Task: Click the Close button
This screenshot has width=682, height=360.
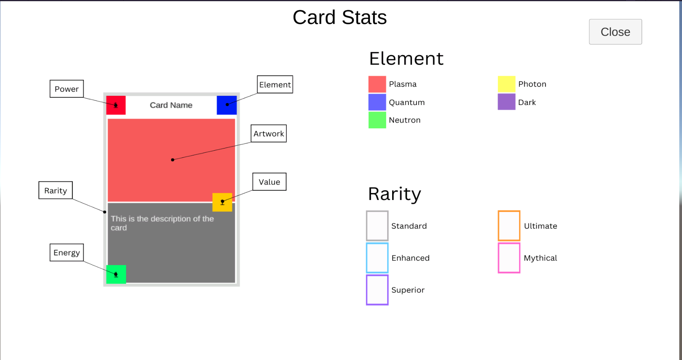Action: coord(615,32)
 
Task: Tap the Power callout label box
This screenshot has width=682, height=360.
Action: coord(67,89)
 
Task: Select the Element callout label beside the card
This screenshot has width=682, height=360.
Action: coord(275,84)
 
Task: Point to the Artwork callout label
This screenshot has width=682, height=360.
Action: coord(269,133)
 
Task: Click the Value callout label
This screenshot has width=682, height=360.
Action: coord(269,182)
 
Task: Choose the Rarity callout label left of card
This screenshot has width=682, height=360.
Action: coord(55,190)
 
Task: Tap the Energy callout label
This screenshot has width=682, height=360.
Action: coord(67,253)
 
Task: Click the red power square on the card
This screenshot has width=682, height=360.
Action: coord(116,105)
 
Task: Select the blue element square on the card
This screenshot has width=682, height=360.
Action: coord(227,105)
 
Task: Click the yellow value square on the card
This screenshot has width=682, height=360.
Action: coord(222,202)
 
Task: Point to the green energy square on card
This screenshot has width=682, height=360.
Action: coord(116,274)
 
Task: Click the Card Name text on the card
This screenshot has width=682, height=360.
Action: coord(171,105)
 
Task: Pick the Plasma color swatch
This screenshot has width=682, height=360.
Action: coord(377,84)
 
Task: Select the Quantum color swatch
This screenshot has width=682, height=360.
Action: coord(377,102)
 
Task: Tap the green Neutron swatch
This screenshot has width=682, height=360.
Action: coord(377,120)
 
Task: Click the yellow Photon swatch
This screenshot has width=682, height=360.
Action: coord(506,84)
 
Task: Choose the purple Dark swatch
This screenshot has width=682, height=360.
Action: coord(506,102)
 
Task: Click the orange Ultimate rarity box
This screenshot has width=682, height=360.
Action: coord(498,226)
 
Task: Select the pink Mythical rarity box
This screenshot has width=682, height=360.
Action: coord(498,258)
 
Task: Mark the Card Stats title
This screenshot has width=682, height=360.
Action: coord(340,17)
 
